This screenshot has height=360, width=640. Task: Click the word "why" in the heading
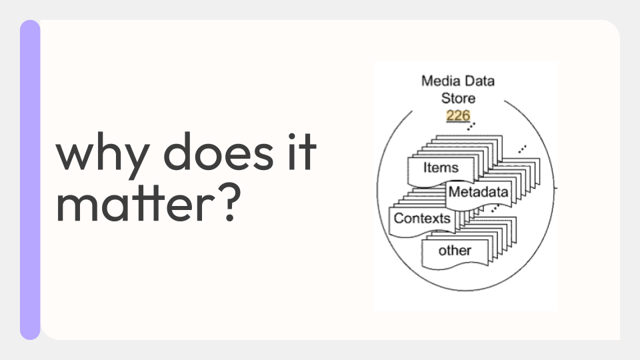click(103, 155)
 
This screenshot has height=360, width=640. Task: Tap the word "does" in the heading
click(219, 151)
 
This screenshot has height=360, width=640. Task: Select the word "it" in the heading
click(302, 151)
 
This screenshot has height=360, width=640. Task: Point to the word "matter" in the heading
click(135, 203)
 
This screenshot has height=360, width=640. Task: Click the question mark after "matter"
click(231, 203)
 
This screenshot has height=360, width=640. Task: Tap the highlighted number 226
click(458, 115)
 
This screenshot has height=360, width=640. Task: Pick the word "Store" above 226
click(458, 99)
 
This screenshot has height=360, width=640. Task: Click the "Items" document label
click(441, 168)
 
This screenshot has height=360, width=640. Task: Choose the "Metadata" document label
click(479, 192)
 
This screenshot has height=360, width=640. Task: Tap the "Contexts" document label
click(422, 219)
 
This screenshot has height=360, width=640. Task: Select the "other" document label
click(455, 250)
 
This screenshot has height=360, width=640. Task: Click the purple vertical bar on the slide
click(30, 179)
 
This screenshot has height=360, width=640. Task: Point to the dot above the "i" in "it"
click(291, 136)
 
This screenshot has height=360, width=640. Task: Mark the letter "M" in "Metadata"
click(453, 191)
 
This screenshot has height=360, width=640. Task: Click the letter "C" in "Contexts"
click(399, 219)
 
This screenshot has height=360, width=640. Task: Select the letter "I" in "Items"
click(425, 167)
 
